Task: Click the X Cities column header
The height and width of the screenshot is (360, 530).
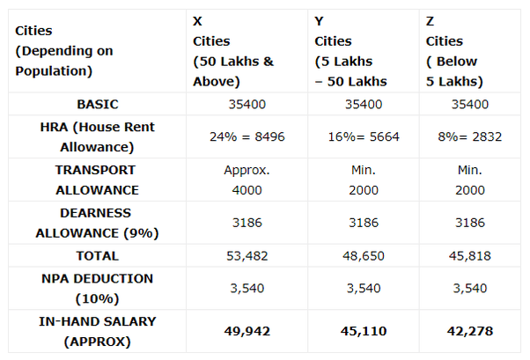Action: point(234,51)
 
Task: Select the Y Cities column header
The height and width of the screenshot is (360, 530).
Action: point(351,51)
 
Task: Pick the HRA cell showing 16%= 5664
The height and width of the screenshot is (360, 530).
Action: point(363,136)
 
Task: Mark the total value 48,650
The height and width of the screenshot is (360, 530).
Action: point(363,256)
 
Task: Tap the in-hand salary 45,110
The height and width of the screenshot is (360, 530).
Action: point(363,331)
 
